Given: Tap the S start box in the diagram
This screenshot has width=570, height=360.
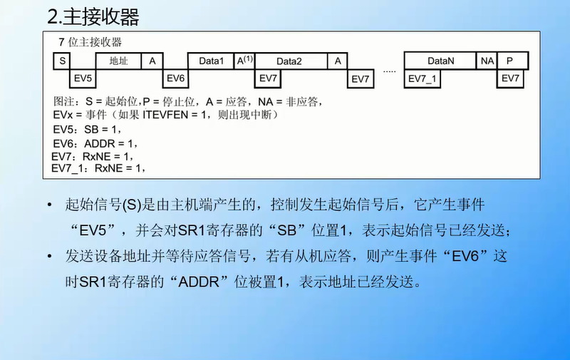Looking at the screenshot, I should tap(63, 61).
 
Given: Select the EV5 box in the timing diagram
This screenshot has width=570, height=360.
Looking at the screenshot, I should tap(83, 77).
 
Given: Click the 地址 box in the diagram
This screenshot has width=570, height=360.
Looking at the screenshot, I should tap(118, 61).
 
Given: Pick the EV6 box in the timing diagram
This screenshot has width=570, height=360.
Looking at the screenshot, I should tap(175, 77).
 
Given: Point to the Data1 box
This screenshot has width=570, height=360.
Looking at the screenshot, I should tap(211, 61).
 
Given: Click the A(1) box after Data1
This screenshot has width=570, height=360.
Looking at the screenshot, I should tap(244, 61).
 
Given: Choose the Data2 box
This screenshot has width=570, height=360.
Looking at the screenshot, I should tap(290, 61).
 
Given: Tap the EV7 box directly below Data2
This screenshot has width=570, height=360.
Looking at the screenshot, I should tap(269, 77).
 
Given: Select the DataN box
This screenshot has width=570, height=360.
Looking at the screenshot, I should tap(440, 61).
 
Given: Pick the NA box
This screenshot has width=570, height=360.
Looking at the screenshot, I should tap(487, 61).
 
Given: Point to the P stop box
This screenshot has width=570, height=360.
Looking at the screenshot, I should tap(509, 61).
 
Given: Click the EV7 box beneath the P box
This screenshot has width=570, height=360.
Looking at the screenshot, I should tap(510, 77).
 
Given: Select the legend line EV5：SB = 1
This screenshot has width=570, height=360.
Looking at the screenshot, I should tap(88, 129).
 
